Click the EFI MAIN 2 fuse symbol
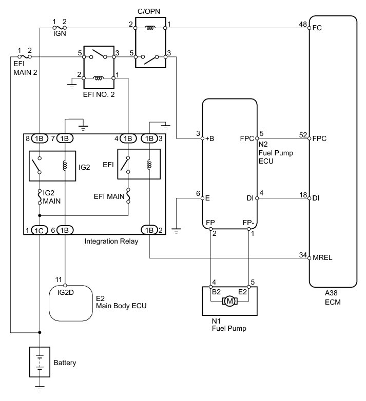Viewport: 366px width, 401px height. tap(25, 57)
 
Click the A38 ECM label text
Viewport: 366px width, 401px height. tap(333, 298)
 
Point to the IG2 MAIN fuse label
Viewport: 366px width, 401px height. tap(52, 197)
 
